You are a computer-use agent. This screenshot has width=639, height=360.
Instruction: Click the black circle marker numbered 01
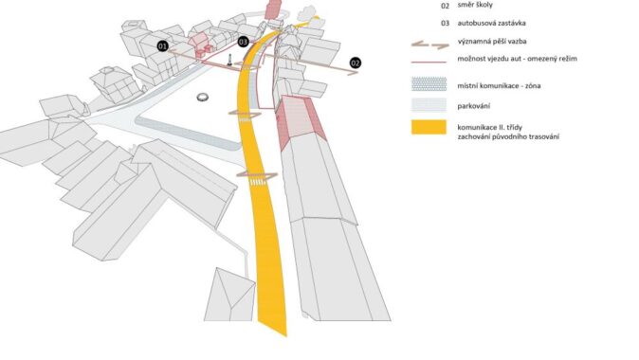163,46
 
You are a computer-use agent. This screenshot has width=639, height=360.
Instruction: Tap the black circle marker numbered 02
356,63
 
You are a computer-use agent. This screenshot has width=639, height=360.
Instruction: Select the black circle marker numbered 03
244,42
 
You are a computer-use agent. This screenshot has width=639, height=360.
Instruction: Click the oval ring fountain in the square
203,97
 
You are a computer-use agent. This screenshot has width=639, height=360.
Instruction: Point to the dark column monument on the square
229,61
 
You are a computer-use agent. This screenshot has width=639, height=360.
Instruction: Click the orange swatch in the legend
429,127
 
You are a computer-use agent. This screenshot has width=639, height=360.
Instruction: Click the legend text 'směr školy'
475,6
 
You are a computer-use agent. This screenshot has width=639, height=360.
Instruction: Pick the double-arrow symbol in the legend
429,45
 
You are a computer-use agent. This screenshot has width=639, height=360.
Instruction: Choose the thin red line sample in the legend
429,63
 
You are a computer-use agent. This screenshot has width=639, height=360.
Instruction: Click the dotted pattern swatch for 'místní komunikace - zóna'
429,84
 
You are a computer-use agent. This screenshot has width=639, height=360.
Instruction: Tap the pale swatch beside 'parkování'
429,105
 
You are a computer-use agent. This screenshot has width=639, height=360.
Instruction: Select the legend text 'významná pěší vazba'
492,42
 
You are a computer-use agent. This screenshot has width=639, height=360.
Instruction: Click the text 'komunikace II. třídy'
489,128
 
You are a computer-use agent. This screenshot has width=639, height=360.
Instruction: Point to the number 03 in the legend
445,24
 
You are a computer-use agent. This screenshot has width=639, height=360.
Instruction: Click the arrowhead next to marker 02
354,73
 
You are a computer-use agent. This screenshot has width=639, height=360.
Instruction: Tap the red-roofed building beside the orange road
300,120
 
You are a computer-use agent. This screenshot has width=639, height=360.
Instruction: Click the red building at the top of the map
273,9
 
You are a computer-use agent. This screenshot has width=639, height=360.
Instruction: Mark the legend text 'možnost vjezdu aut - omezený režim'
517,59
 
